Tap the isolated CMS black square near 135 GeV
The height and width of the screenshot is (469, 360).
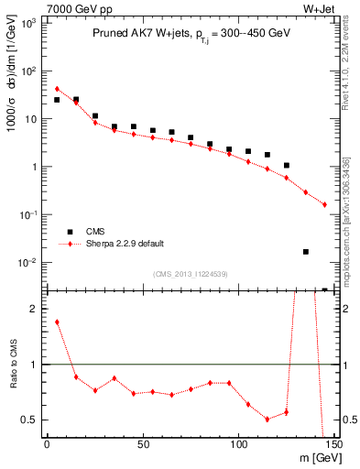click(x=306, y=251)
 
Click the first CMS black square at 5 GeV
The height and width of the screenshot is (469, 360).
click(x=57, y=100)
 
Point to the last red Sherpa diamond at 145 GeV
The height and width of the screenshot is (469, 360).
click(x=324, y=204)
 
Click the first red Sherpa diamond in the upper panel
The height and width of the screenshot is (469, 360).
click(x=57, y=89)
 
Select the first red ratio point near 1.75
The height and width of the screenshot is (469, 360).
click(x=57, y=322)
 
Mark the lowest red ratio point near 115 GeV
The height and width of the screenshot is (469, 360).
click(x=267, y=419)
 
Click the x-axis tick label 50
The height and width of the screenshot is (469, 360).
click(x=143, y=444)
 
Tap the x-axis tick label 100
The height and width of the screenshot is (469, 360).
click(x=238, y=444)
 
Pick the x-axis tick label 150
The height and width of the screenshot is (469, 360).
click(x=333, y=444)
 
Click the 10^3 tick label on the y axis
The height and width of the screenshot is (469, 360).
click(x=29, y=23)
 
